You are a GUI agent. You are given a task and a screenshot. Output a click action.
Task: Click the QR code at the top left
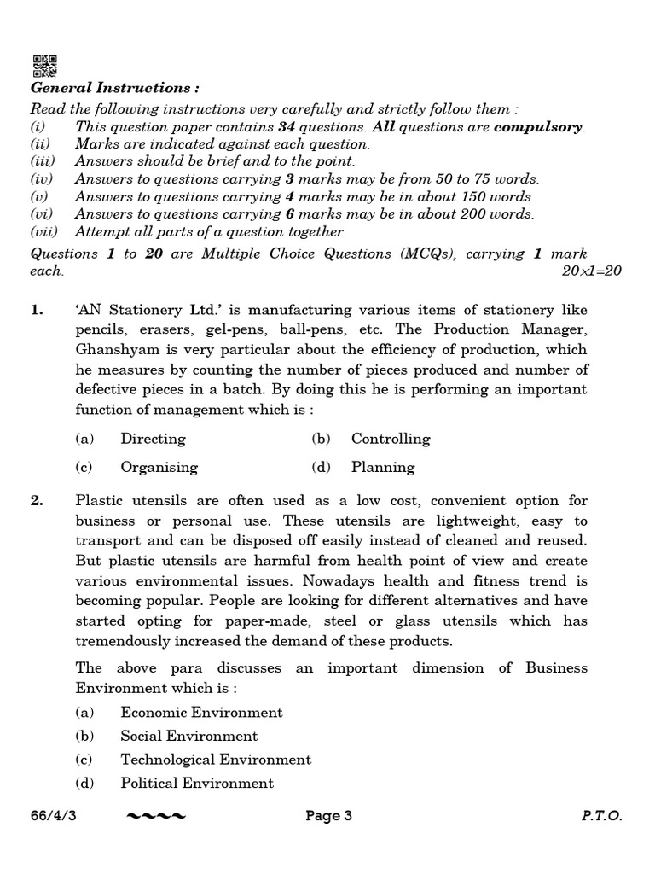(44, 66)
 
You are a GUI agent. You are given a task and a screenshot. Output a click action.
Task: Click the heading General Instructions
(115, 88)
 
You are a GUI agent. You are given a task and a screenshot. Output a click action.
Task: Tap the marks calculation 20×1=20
(592, 271)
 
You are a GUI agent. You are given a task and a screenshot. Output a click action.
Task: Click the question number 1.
(37, 310)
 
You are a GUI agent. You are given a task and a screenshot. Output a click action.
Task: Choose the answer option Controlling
(391, 439)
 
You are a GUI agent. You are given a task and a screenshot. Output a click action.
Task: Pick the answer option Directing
(153, 439)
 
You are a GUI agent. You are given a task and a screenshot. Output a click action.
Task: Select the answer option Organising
(159, 467)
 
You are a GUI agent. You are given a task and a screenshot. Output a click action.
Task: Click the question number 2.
(37, 501)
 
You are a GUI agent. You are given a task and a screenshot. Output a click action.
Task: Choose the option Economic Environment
(201, 712)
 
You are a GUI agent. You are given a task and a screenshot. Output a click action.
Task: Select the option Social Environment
(188, 736)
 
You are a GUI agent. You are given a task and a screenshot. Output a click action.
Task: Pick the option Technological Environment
(216, 759)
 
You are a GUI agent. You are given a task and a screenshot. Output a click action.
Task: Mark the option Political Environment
(197, 783)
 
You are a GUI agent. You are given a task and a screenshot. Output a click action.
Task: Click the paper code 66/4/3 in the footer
(53, 816)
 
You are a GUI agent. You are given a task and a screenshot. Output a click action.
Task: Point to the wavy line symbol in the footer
(155, 817)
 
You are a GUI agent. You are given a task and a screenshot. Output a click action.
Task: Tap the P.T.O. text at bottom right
(601, 816)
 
